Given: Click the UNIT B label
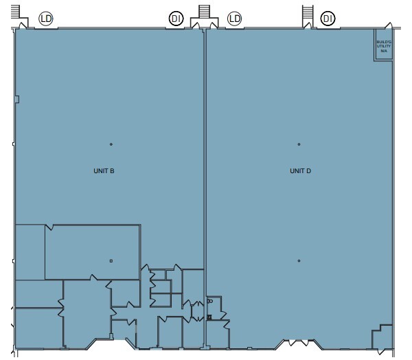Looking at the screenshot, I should point(104,170).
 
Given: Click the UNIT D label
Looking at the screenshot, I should point(300,170).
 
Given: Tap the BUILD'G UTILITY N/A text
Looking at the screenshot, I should point(383,45).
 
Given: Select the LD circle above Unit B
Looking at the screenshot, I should point(47,19).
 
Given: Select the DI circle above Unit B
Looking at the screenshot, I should point(176,19).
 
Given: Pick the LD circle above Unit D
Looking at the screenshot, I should point(235,19).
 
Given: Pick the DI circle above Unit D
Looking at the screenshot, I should point(328,19).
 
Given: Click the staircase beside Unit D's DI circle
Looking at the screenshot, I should point(307,14).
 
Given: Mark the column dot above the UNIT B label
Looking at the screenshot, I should point(111,144).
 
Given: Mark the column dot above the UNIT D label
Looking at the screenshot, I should point(299,144).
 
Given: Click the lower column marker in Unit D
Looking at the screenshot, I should point(299,260).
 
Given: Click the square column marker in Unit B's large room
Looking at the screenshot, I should point(111,260).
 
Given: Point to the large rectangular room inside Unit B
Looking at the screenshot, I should point(92,250).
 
